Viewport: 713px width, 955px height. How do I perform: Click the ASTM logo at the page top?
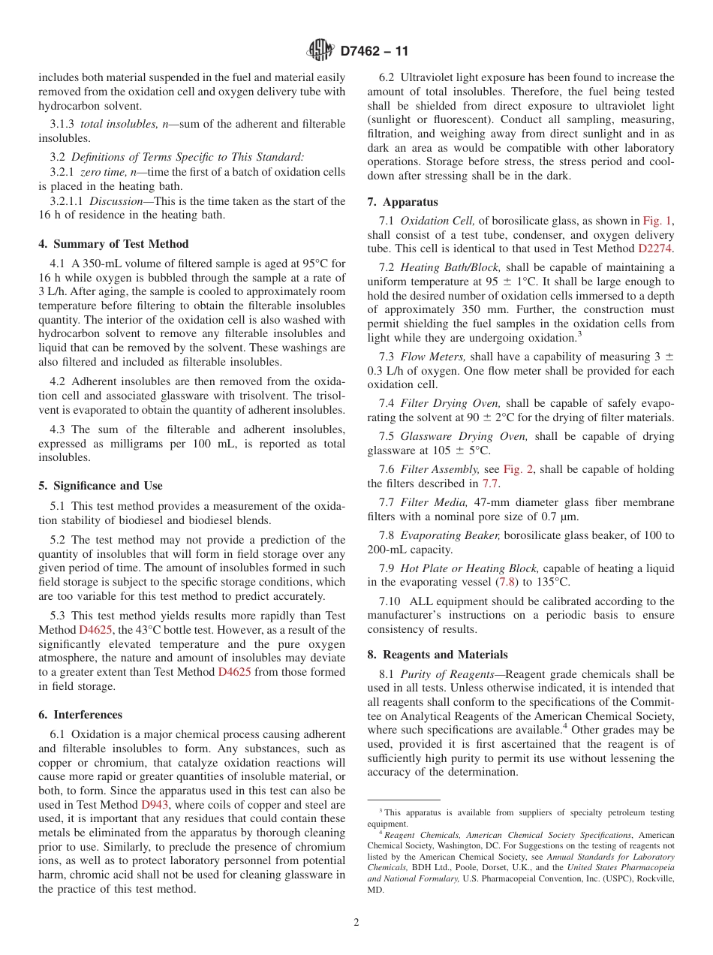tap(320, 51)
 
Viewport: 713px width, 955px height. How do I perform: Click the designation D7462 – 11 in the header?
tap(375, 52)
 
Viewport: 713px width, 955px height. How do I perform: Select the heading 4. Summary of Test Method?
tap(113, 243)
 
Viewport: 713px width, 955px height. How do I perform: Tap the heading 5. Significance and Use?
tap(101, 486)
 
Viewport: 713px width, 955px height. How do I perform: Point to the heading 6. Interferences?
tap(80, 715)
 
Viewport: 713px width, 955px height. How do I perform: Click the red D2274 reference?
tap(656, 248)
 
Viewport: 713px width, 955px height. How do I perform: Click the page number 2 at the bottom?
tap(356, 923)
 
